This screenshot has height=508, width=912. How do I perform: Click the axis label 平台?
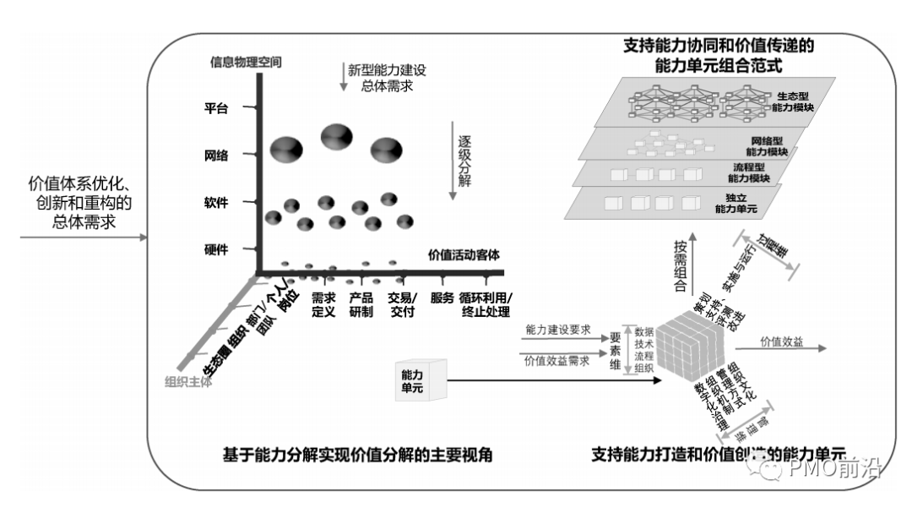coord(217,108)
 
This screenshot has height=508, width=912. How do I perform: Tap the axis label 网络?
coord(217,155)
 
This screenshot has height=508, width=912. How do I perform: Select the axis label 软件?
coord(217,202)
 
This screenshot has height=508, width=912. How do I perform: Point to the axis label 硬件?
coord(217,249)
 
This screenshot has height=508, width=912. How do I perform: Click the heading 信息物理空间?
coord(245,61)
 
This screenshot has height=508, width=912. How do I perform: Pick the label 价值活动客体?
coord(464,254)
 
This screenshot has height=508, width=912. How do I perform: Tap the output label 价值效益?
coord(781,341)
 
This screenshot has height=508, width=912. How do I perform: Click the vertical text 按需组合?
coord(679,266)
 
